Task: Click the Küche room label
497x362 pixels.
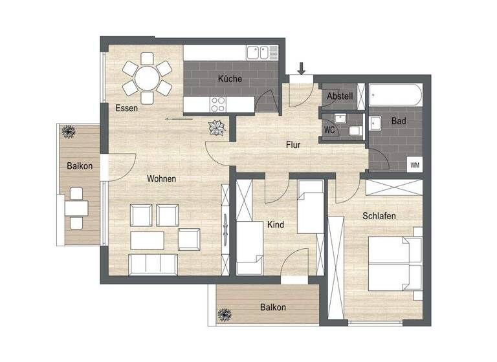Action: click(x=230, y=79)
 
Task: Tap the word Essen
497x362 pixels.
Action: click(x=126, y=109)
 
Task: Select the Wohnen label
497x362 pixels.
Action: click(x=161, y=178)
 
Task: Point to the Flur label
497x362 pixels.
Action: click(x=294, y=145)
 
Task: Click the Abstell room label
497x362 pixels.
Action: click(x=340, y=96)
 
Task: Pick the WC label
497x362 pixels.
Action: click(x=329, y=129)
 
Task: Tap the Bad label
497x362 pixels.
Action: click(x=399, y=121)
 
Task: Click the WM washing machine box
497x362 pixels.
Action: click(x=414, y=165)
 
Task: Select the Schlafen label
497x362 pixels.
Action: click(x=379, y=216)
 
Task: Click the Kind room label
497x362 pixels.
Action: click(x=276, y=225)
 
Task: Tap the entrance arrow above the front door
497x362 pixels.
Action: click(x=302, y=67)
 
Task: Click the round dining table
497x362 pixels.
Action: click(x=147, y=80)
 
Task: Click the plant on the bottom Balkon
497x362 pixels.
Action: click(x=224, y=315)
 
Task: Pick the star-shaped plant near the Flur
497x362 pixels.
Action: click(x=217, y=127)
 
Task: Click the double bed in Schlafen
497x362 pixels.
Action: click(x=395, y=265)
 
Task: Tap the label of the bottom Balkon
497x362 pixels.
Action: click(x=273, y=308)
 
